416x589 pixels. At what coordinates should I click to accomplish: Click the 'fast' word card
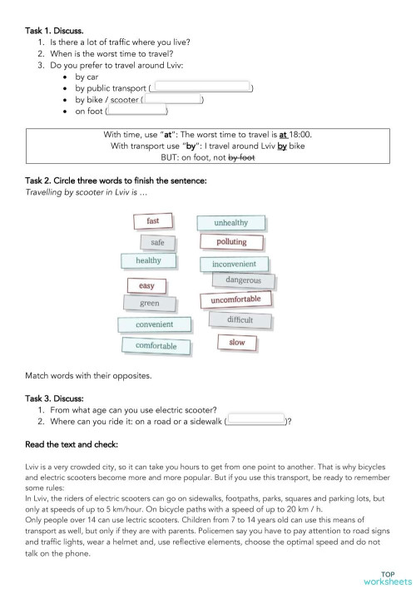[x=153, y=221]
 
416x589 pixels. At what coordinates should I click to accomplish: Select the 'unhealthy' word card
[x=230, y=223]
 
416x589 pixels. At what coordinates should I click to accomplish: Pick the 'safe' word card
[x=157, y=243]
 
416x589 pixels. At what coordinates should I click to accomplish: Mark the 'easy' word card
[x=146, y=286]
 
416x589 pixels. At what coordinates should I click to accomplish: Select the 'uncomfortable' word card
[x=235, y=299]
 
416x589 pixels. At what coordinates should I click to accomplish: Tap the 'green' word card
[x=150, y=304]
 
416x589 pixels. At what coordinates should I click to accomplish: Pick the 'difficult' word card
[x=240, y=320]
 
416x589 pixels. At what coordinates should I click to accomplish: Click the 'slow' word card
[x=237, y=343]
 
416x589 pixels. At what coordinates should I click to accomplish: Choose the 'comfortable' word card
[x=155, y=345]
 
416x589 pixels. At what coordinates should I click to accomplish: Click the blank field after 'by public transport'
[x=203, y=87]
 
